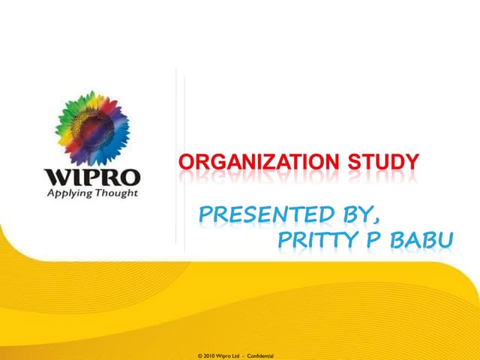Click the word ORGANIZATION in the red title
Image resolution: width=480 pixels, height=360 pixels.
254,160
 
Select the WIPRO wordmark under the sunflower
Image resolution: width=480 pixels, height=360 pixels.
92,178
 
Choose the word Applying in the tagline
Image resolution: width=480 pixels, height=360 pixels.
71,193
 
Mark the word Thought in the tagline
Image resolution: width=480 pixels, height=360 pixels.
115,192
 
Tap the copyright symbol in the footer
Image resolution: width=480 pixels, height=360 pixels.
199,355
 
